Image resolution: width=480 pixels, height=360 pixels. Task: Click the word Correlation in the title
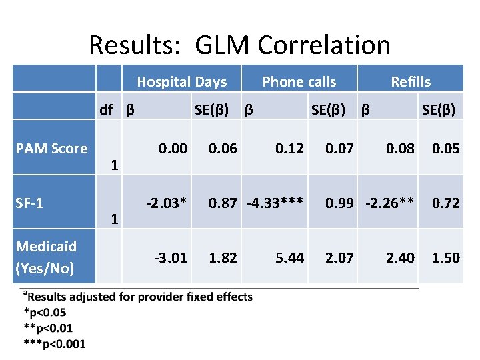[324, 45]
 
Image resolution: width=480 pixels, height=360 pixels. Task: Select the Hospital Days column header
[181, 82]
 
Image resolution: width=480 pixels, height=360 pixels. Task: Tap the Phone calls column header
[299, 82]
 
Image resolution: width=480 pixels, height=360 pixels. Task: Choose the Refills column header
[411, 82]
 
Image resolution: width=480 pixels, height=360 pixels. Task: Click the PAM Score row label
[51, 148]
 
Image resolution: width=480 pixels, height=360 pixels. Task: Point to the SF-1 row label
[29, 202]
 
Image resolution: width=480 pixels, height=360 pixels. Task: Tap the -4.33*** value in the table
[275, 203]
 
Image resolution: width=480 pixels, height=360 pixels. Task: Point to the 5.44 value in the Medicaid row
[290, 257]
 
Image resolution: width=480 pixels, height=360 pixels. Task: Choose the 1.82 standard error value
[223, 257]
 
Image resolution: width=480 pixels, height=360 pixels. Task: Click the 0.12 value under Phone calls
[290, 148]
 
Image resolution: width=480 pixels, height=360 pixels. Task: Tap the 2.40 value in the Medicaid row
[400, 257]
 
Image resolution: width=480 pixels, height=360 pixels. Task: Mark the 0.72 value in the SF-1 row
[445, 203]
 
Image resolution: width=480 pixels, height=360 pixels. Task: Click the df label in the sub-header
[106, 109]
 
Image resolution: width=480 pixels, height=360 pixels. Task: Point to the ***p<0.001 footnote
[54, 343]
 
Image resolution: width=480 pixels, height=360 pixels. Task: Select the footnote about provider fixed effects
[138, 297]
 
